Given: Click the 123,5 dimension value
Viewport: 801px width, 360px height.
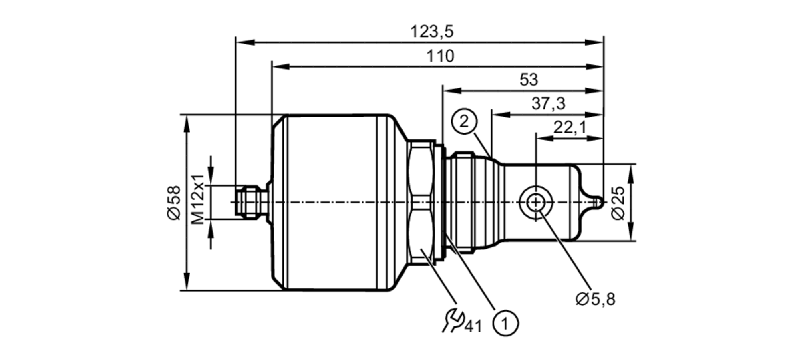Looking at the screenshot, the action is tap(432, 32).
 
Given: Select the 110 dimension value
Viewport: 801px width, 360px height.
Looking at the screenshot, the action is tap(440, 56).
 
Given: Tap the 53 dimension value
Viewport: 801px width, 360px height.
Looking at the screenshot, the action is tap(529, 80).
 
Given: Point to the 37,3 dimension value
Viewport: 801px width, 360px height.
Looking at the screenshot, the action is tap(548, 104).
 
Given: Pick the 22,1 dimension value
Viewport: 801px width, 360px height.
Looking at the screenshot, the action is tap(570, 128).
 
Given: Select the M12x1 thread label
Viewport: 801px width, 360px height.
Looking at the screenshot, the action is tap(198, 199).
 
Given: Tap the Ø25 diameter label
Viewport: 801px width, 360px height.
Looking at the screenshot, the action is tap(618, 203).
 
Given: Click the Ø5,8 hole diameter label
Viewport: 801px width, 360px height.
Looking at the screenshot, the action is tap(595, 299).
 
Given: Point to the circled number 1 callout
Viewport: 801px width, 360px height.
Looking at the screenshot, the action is tap(505, 323).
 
